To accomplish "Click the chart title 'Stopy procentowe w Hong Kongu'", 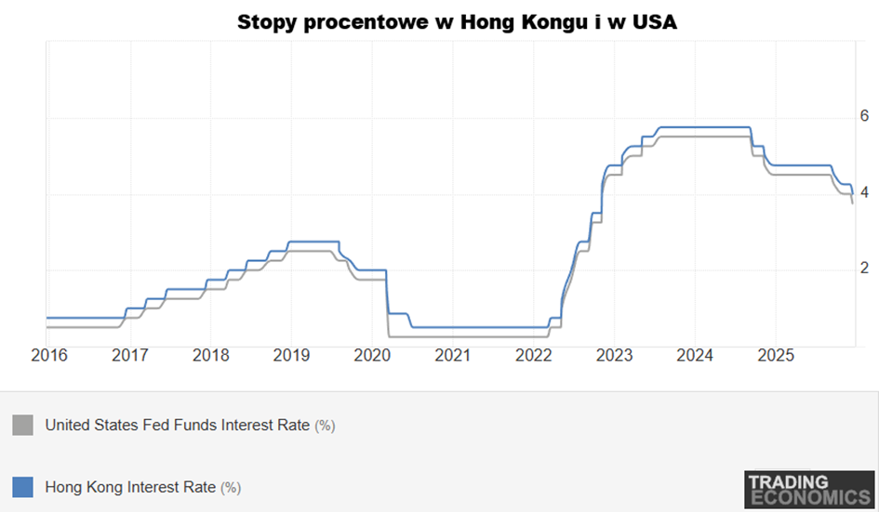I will point(456,22).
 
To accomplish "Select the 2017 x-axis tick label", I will point(129,355).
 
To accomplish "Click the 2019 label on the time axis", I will point(291,355).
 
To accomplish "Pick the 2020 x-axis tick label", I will point(372,355).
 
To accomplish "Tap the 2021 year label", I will point(453,355).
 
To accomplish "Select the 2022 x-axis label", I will point(534,355).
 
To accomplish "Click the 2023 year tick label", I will point(615,355).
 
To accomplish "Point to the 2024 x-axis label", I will point(696,355).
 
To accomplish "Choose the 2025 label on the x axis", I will point(777,355).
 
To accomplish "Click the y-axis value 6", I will point(864,116).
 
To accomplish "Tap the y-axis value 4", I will point(864,193).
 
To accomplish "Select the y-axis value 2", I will point(864,269).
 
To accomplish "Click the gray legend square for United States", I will point(22,426).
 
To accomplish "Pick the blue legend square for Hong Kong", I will point(22,486).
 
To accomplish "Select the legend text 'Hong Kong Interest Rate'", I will point(130,486).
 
